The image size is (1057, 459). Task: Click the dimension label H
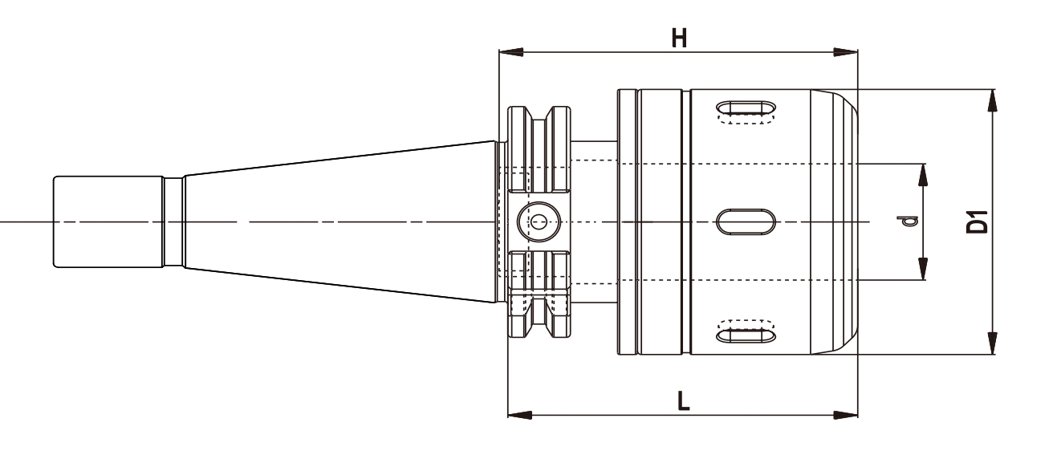[679, 39]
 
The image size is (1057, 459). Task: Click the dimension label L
[683, 400]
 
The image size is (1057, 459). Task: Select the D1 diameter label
[977, 221]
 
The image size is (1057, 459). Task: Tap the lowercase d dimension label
[909, 220]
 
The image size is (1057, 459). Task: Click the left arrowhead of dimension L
[519, 415]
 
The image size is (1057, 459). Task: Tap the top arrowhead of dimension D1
[993, 100]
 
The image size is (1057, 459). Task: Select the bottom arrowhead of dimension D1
[993, 343]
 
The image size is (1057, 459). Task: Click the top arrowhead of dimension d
[923, 174]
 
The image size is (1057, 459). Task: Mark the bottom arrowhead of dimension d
[923, 270]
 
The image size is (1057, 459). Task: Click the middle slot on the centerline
[746, 221]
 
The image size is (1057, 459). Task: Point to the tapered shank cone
[337, 221]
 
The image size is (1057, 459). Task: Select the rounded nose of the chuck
[839, 221]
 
